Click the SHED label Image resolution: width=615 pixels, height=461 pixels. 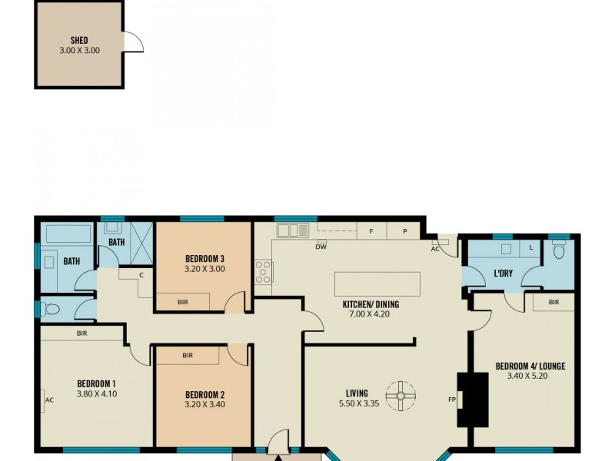coord(79,40)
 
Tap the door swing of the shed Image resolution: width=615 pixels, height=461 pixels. coord(134,41)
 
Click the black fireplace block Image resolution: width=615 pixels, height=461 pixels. coord(472,399)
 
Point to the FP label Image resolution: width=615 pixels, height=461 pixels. coord(453,400)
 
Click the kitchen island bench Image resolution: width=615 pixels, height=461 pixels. coord(377,284)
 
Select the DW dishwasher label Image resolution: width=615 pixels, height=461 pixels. coord(321,247)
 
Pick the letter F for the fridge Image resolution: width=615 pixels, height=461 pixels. coord(371,230)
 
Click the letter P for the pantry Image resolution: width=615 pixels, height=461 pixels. coord(404,230)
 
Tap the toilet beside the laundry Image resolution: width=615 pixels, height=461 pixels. coord(559,250)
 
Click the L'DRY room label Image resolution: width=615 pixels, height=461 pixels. coord(504,274)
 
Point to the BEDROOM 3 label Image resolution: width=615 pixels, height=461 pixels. coord(204,259)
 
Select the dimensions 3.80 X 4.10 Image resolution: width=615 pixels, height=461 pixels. coord(96,393)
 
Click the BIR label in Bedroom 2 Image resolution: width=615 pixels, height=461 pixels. coord(188,356)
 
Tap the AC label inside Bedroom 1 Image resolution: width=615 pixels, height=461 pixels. coord(49,400)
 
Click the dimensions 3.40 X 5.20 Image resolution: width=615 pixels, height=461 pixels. coord(530,376)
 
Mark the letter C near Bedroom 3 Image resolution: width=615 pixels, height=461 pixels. coord(142,274)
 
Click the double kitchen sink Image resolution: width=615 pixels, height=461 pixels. coord(292,230)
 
